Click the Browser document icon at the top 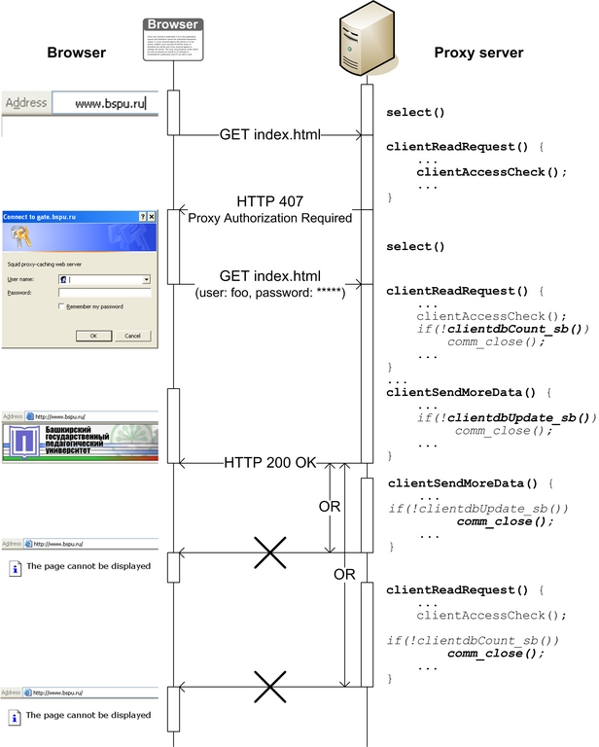(173, 39)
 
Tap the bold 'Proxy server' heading (478, 53)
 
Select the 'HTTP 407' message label (270, 201)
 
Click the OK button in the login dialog (93, 336)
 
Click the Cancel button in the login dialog (132, 336)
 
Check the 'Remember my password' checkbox (61, 306)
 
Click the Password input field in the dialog (104, 292)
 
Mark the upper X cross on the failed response (269, 554)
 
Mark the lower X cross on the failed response (269, 686)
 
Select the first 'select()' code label (415, 113)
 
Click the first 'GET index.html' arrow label (269, 134)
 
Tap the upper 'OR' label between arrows (331, 507)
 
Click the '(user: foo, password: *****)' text (270, 291)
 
